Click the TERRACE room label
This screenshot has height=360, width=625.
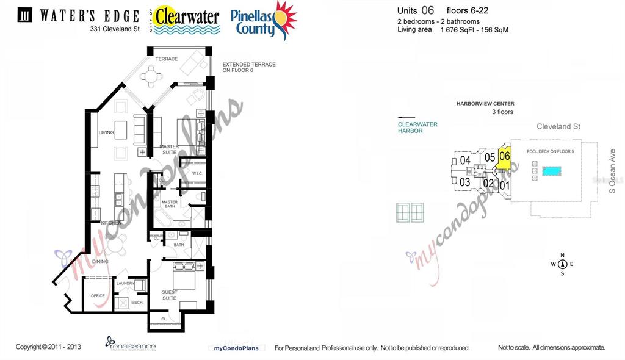[166, 59]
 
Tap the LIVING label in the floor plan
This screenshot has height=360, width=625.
[107, 132]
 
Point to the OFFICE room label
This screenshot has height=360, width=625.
[98, 296]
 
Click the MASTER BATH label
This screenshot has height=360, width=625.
[170, 205]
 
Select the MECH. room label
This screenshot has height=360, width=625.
[137, 302]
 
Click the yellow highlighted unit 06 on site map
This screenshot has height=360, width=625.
[505, 156]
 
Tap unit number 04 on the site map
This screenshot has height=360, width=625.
[465, 160]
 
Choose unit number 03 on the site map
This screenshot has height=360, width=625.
[464, 182]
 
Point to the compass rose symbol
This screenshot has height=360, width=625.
[562, 264]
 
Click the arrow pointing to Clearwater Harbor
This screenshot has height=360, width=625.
[406, 117]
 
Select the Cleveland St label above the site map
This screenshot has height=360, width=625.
[558, 127]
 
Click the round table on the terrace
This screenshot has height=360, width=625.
[150, 77]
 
